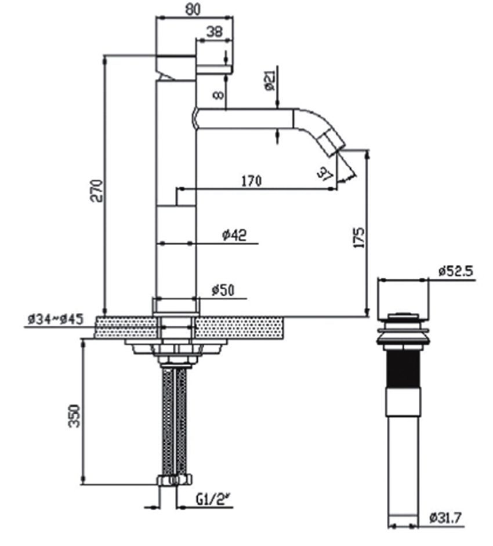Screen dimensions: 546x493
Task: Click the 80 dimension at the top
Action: tap(194, 9)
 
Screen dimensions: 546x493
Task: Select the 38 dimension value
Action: tap(214, 32)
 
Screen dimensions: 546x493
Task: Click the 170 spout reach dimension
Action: tap(251, 180)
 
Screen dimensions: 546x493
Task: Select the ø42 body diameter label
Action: tap(234, 235)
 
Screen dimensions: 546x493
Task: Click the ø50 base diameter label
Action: tap(223, 290)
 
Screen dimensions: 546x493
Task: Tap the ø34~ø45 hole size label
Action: tap(56, 319)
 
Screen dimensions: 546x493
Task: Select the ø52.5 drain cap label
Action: tap(456, 271)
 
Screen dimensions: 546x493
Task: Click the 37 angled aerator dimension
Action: tap(325, 173)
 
